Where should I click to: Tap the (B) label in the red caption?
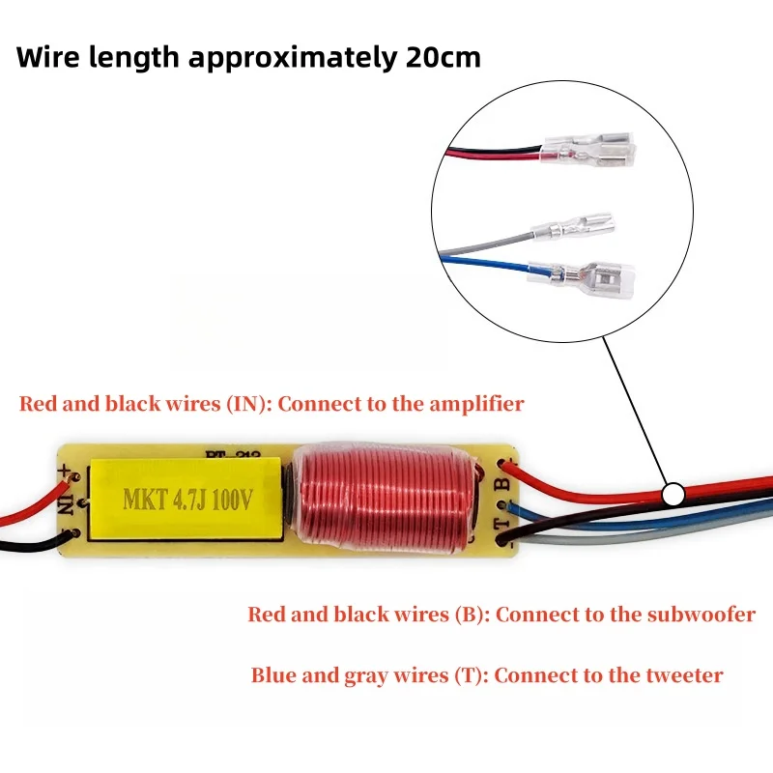(466, 614)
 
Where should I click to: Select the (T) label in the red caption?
(465, 674)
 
